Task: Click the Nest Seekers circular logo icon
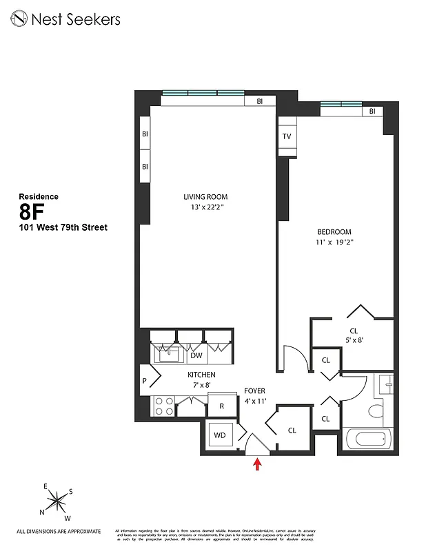pos(19,19)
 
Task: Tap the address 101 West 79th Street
pos(63,227)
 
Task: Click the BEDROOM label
pos(334,232)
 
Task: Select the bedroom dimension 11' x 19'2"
pos(334,242)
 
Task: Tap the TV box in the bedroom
pos(287,136)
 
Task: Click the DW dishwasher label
pos(196,356)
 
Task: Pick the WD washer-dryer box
pos(220,435)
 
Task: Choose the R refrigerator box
pos(222,406)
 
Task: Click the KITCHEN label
pos(201,375)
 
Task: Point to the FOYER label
pos(255,391)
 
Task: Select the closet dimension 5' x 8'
pos(354,340)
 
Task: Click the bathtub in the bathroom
pos(366,439)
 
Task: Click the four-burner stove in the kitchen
pos(164,406)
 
